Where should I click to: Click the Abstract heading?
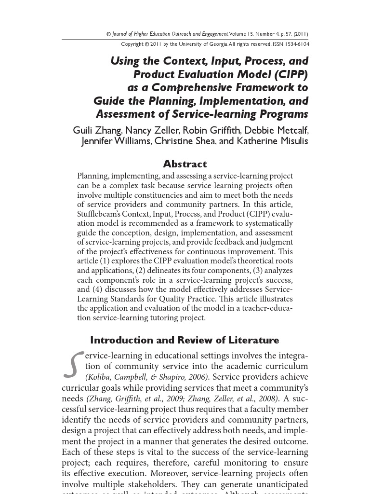(x=185, y=164)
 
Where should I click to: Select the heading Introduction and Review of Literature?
(x=185, y=340)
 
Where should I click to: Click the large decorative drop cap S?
(x=72, y=365)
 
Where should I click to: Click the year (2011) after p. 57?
(x=300, y=34)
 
